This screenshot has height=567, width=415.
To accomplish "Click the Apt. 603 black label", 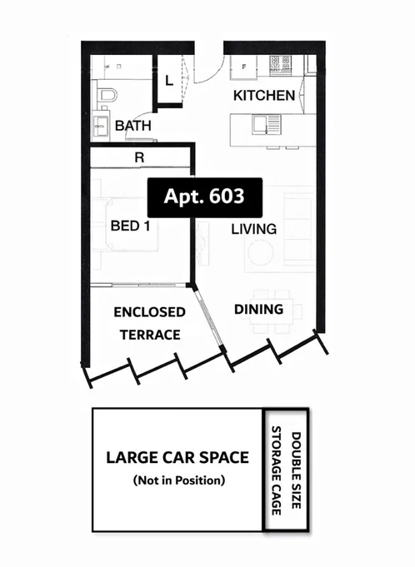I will [205, 197].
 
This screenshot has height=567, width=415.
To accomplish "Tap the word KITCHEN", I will [263, 96].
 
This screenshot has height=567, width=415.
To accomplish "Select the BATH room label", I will [132, 126].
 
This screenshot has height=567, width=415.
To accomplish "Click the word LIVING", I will [254, 228].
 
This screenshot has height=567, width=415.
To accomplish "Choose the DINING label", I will [258, 310].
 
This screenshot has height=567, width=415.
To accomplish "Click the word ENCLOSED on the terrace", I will [149, 313].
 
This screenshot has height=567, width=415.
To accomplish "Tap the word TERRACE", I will [149, 335].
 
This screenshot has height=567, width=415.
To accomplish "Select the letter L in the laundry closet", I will [168, 81].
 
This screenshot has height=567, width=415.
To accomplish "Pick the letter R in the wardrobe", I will [139, 156].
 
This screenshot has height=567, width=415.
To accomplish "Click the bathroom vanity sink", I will [101, 126].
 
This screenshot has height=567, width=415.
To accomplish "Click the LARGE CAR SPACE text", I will [177, 457].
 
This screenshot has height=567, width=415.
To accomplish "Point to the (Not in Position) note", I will [177, 480].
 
